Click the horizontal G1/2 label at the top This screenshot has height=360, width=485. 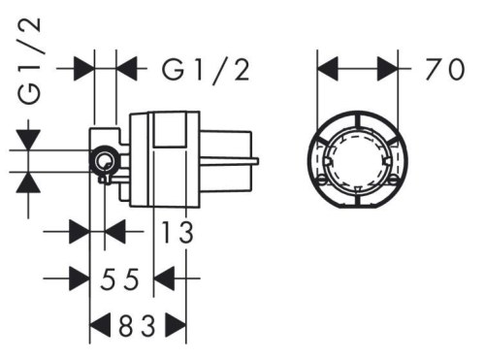(x=206, y=69)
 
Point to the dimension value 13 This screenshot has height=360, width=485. (x=175, y=233)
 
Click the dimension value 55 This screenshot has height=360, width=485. (x=122, y=280)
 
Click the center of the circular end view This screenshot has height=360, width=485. (x=359, y=158)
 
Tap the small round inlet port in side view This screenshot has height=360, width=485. (x=102, y=161)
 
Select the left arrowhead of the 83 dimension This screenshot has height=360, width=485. (x=98, y=327)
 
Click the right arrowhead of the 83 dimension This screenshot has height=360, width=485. (x=176, y=327)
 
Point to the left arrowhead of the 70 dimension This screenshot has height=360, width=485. (x=330, y=69)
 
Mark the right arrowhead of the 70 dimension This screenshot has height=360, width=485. (x=387, y=69)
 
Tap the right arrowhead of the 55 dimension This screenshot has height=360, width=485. (x=166, y=280)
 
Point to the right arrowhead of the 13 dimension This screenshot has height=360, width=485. (x=114, y=233)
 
